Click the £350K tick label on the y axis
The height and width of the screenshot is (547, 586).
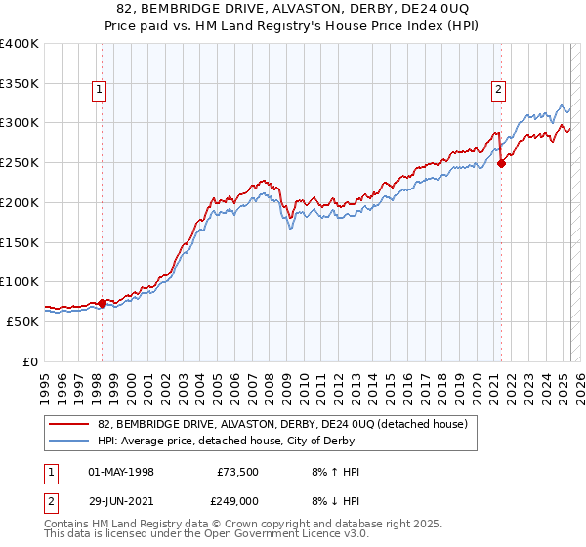coord(20,83)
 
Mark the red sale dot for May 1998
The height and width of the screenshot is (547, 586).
coord(102,303)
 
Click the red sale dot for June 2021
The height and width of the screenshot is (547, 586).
coord(502,164)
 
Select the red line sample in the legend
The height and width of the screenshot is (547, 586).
coord(69,424)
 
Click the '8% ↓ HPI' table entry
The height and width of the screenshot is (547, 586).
coord(333,499)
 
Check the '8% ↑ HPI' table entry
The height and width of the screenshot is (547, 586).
coord(333,472)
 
